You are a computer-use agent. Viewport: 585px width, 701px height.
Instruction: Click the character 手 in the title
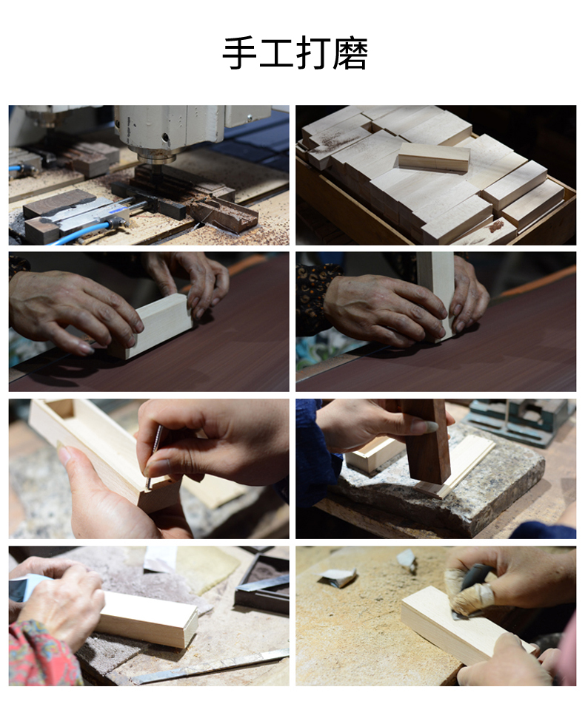coord(240,54)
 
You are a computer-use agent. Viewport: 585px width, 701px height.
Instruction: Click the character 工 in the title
coord(277,54)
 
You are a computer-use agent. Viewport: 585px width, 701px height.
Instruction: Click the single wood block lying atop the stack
coord(434,157)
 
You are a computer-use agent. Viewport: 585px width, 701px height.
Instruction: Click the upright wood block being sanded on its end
coord(436,295)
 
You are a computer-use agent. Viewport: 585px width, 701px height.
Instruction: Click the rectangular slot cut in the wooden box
coord(61,408)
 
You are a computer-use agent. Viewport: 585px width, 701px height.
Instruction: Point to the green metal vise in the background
coord(521,420)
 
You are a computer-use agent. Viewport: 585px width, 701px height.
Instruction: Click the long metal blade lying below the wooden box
coord(210,667)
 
